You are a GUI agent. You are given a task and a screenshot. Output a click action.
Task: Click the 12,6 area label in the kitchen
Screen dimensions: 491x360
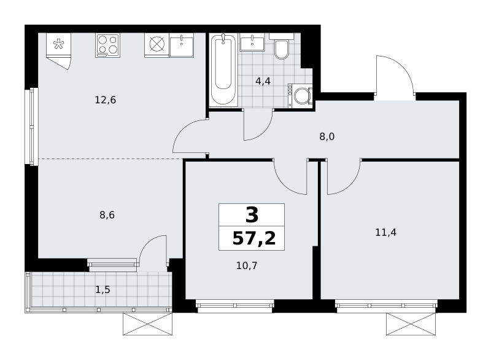click(105, 100)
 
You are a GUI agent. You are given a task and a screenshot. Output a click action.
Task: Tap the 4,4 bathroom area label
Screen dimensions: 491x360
click(263, 81)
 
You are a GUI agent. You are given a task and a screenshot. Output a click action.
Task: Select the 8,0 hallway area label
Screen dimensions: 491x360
click(327, 136)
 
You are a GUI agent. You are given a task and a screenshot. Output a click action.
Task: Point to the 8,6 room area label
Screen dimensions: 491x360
click(107, 215)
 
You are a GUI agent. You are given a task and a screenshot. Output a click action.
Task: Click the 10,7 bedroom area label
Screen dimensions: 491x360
click(247, 265)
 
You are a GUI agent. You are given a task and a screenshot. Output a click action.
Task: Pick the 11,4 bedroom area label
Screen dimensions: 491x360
click(386, 232)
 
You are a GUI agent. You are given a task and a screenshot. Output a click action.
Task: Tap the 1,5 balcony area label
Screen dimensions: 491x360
click(102, 290)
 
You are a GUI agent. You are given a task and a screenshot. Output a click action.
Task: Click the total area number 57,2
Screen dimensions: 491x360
click(254, 238)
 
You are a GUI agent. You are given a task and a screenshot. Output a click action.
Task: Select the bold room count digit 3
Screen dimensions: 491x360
click(252, 215)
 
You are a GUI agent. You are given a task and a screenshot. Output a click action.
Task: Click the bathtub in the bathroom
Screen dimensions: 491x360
click(223, 69)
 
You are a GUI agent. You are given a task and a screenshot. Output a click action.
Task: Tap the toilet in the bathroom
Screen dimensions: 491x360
click(282, 46)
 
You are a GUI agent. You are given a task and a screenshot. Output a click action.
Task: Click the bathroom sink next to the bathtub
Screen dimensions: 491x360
click(252, 42)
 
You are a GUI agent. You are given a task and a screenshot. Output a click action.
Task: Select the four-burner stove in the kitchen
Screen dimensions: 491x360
click(108, 45)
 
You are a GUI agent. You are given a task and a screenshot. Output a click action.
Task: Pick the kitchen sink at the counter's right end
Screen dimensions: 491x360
click(182, 45)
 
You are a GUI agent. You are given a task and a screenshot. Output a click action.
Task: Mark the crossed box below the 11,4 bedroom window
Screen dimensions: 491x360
click(411, 324)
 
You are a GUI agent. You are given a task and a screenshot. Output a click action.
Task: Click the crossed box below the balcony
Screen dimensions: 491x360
click(147, 324)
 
